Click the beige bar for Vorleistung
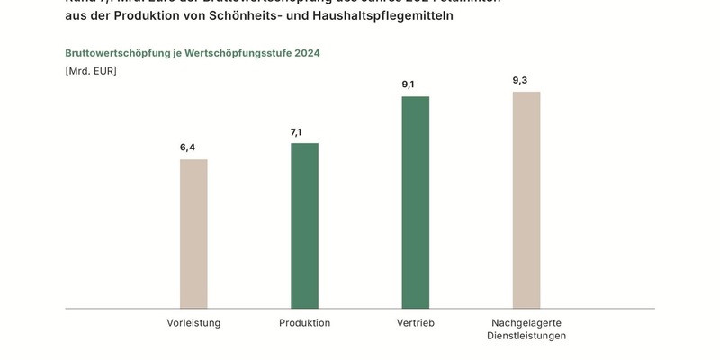[x=193, y=234]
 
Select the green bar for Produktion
[x=304, y=226]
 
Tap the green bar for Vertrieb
[x=415, y=202]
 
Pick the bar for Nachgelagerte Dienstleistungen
[x=526, y=200]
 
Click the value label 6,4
[x=187, y=148]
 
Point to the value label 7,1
[x=296, y=132]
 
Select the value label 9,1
[x=409, y=85]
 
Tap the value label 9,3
[x=520, y=80]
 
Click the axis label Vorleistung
[x=193, y=322]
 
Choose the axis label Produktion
[x=304, y=322]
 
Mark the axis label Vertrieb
[x=415, y=322]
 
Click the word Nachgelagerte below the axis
[x=526, y=322]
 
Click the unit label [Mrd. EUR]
[x=91, y=70]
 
